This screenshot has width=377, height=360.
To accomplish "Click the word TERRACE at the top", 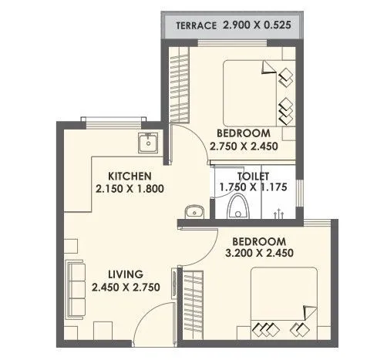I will click(x=197, y=25).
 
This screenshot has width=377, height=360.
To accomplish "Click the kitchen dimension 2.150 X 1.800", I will click(x=129, y=188).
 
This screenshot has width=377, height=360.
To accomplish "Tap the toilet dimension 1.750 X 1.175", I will click(x=253, y=187).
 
